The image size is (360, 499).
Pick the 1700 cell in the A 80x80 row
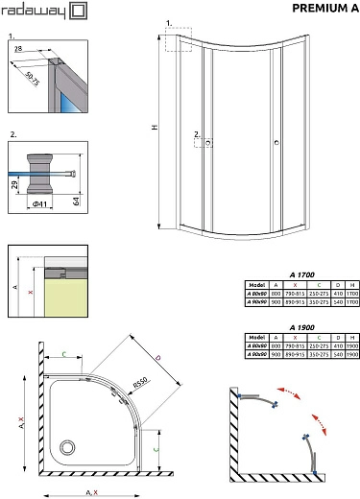351,294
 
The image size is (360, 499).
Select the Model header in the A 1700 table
255,285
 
